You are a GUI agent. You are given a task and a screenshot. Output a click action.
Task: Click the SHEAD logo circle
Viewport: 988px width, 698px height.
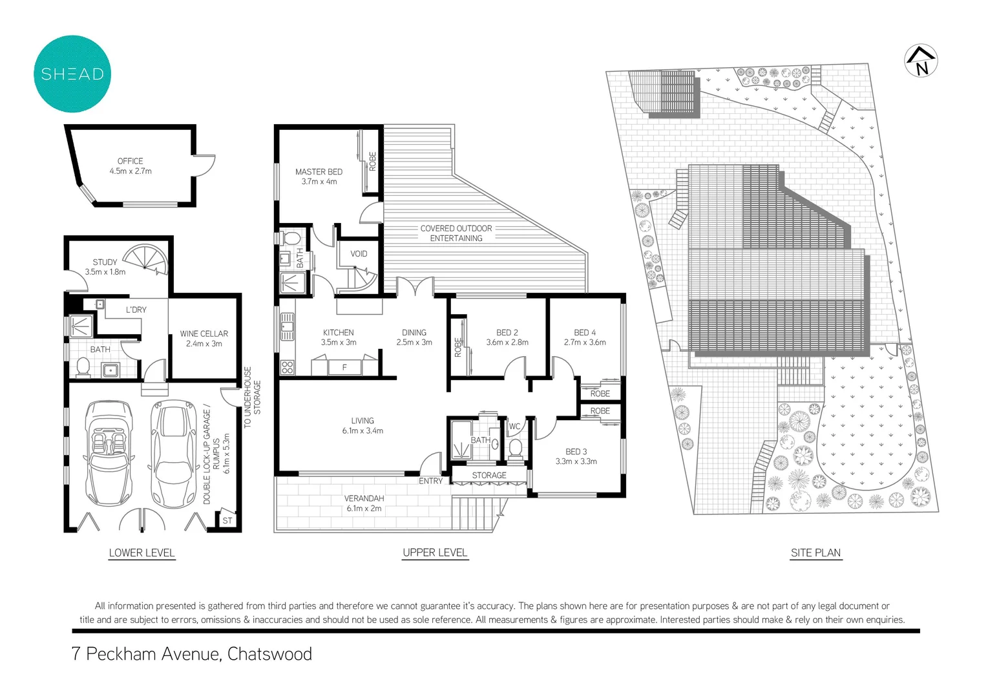point(72,74)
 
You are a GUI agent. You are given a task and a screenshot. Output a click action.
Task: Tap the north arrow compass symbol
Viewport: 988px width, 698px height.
point(921,61)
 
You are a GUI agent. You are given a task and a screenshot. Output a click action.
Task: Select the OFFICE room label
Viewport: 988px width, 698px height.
point(130,161)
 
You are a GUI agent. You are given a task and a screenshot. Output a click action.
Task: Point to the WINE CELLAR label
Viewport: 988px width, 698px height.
point(204,333)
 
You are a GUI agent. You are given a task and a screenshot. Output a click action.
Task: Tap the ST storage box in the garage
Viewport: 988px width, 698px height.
point(227,520)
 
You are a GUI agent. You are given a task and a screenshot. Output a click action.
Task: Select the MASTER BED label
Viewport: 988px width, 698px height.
point(319,172)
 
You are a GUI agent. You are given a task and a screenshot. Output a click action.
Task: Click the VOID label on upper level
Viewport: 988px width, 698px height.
point(359,254)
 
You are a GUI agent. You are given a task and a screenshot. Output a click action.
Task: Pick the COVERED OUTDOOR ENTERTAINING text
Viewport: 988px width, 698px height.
point(456,233)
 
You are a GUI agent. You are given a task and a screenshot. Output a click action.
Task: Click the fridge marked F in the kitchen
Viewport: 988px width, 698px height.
point(344,367)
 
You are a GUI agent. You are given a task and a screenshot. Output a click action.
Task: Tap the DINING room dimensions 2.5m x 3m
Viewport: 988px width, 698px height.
point(414,343)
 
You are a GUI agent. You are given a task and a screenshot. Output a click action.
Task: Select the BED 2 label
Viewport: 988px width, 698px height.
point(507,333)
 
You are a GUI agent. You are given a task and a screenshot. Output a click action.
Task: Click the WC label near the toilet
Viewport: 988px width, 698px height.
point(514,427)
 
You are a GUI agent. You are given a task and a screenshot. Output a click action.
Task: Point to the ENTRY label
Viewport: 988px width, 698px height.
point(430,481)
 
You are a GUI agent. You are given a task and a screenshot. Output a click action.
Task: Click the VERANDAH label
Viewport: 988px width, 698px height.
point(364,498)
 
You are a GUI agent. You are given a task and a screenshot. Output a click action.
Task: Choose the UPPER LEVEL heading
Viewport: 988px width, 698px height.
point(435,553)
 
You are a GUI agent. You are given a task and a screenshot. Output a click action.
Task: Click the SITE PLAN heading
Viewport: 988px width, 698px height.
point(815,553)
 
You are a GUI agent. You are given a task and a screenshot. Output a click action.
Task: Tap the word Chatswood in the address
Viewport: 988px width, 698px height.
point(269,654)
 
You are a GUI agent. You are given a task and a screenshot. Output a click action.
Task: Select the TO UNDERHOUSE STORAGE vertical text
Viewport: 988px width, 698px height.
point(252,397)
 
